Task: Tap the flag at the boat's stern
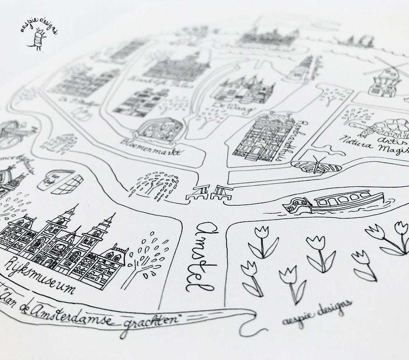point(297,205)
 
